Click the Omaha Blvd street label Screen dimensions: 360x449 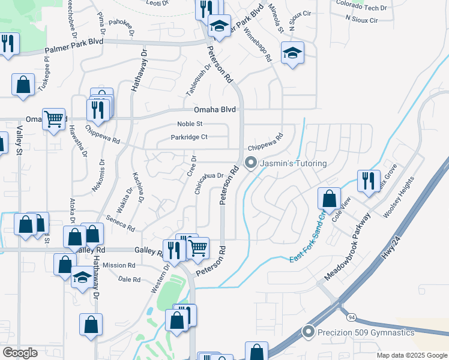(x=215, y=110)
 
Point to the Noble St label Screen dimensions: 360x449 (x=190, y=124)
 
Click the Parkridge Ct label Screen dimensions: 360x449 (x=188, y=137)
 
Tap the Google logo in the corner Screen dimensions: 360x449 (x=20, y=352)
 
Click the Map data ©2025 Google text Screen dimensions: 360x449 (x=412, y=355)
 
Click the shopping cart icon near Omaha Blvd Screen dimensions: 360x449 (x=53, y=119)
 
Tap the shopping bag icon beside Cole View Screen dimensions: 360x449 (x=329, y=199)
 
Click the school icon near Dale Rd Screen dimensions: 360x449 (x=82, y=278)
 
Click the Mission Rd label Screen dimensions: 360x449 (x=119, y=265)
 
